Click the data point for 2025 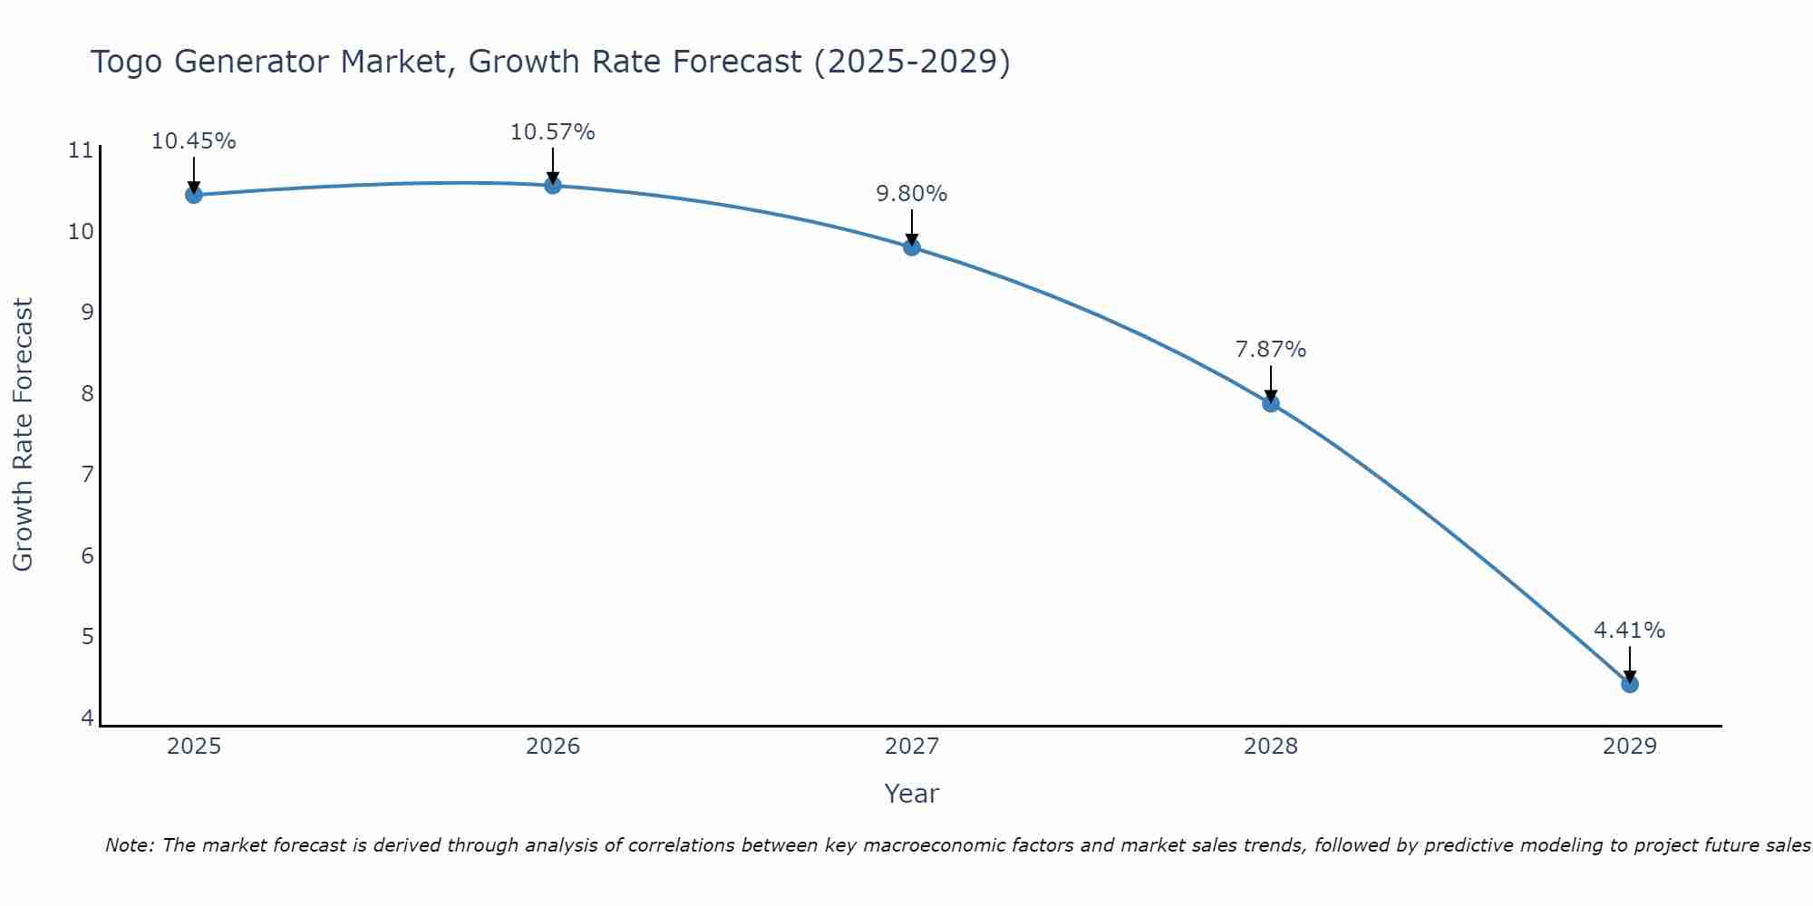(x=193, y=195)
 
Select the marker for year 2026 (x=553, y=186)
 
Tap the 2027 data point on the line (x=912, y=247)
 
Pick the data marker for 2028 (x=1271, y=403)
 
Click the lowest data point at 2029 (x=1630, y=684)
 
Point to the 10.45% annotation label (x=193, y=141)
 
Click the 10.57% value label (x=552, y=132)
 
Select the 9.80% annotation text (x=911, y=194)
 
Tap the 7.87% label (x=1270, y=350)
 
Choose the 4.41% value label (x=1629, y=631)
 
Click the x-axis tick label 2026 (x=553, y=747)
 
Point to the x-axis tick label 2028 (x=1271, y=747)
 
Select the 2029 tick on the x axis (x=1630, y=747)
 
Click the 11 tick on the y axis (x=81, y=150)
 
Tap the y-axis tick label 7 (x=87, y=475)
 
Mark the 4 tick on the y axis (x=87, y=718)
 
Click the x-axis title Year (x=911, y=794)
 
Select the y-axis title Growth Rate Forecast (x=23, y=435)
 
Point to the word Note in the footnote (x=131, y=845)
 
